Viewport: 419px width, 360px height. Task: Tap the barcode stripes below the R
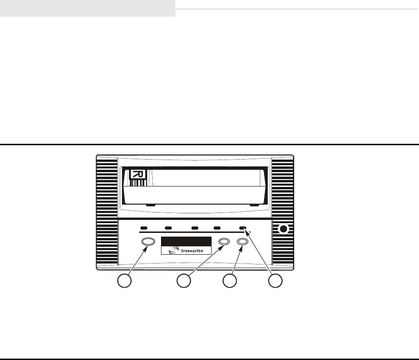pyautogui.click(x=137, y=183)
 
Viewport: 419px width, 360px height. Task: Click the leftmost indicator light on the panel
pyautogui.click(x=144, y=228)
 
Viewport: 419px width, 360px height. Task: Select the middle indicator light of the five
pyautogui.click(x=195, y=228)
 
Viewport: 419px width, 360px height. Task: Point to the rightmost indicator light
pyautogui.click(x=242, y=228)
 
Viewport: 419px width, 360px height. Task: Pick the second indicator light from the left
pyautogui.click(x=168, y=228)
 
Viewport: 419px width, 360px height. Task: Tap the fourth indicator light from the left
pyautogui.click(x=217, y=228)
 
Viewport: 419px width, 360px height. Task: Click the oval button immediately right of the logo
pyautogui.click(x=225, y=242)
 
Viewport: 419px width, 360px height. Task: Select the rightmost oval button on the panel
pyautogui.click(x=242, y=242)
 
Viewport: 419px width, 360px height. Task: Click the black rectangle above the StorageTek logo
pyautogui.click(x=186, y=242)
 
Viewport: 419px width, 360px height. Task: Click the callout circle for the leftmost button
pyautogui.click(x=123, y=281)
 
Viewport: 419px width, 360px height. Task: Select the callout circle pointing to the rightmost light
pyautogui.click(x=276, y=281)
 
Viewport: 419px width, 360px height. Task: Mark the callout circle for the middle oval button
pyautogui.click(x=184, y=281)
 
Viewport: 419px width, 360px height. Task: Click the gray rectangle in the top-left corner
pyautogui.click(x=87, y=8)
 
